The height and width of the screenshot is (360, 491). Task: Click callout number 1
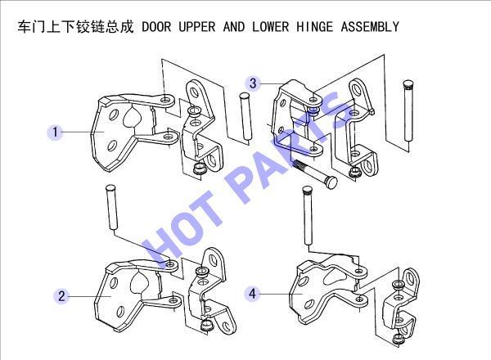point(56,132)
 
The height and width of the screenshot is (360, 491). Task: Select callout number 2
point(61,296)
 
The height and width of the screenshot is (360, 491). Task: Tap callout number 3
point(253,83)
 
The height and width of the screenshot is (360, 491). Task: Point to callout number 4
point(252,294)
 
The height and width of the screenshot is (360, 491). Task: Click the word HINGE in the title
point(315,27)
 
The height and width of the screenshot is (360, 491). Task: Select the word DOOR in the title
point(156,27)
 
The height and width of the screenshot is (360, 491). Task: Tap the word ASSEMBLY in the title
point(370,27)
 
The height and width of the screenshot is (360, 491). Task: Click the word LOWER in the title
point(271,27)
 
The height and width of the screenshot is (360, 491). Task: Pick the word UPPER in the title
point(197,27)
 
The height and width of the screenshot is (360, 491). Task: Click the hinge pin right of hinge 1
point(245,116)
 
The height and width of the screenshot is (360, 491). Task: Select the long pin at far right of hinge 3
point(408,110)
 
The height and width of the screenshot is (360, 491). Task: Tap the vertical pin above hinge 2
point(111,207)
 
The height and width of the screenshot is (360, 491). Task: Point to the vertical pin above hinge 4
point(308,216)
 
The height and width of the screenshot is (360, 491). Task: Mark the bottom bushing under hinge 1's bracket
point(199,169)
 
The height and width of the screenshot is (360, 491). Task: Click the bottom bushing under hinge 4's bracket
point(399,339)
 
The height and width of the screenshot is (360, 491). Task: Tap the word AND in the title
point(234,27)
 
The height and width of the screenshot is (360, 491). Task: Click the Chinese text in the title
point(76,27)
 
